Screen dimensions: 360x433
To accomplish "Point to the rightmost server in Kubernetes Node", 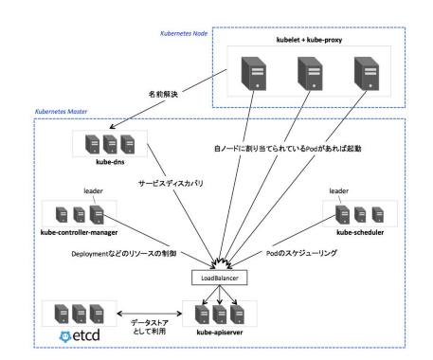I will tap(366, 73).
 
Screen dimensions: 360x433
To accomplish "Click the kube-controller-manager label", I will tap(79, 231).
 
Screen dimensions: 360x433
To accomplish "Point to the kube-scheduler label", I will tap(356, 231).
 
